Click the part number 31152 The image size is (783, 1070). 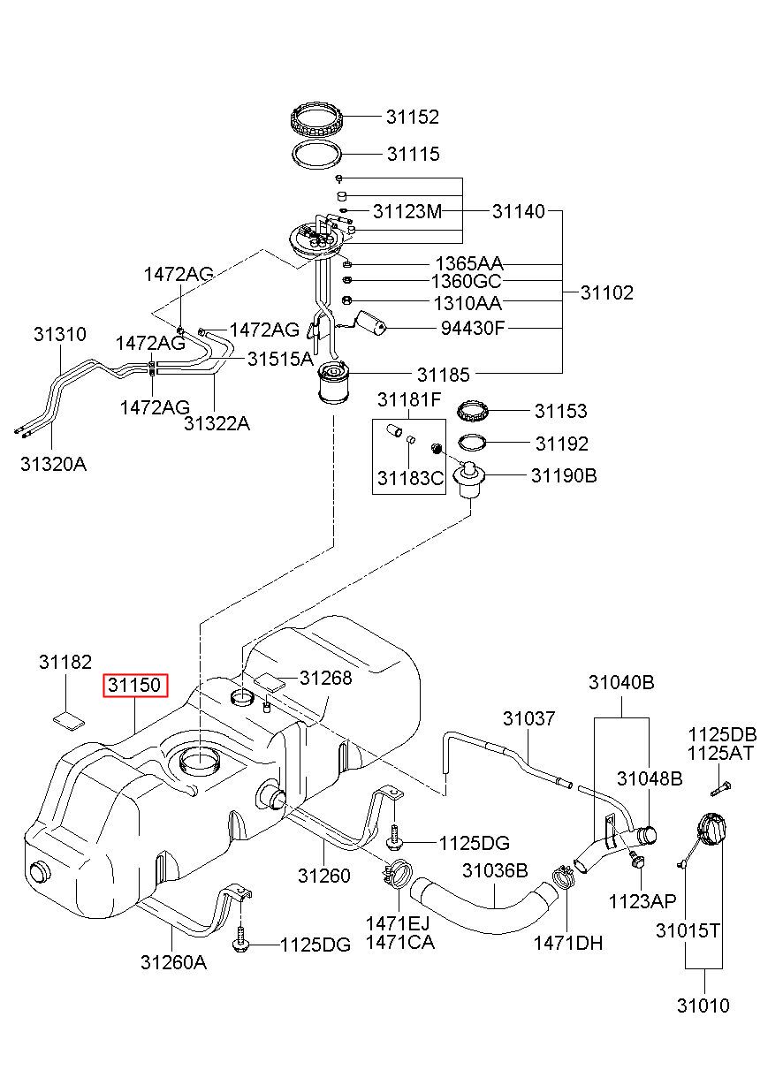[412, 117]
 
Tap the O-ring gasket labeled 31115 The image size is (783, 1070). [316, 154]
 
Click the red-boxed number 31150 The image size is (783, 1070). [134, 685]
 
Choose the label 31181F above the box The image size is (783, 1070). [408, 400]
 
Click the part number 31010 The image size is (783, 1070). [703, 1005]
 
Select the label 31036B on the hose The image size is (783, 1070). [495, 871]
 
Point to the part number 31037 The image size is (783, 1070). [529, 718]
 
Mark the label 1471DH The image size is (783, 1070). [567, 943]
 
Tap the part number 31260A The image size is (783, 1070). [173, 962]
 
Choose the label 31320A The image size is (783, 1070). [53, 463]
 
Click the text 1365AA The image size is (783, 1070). [468, 263]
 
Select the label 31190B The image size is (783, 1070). [564, 475]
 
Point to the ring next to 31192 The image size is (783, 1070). [475, 443]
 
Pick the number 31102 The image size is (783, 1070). [606, 292]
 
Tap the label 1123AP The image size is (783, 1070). [642, 900]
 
